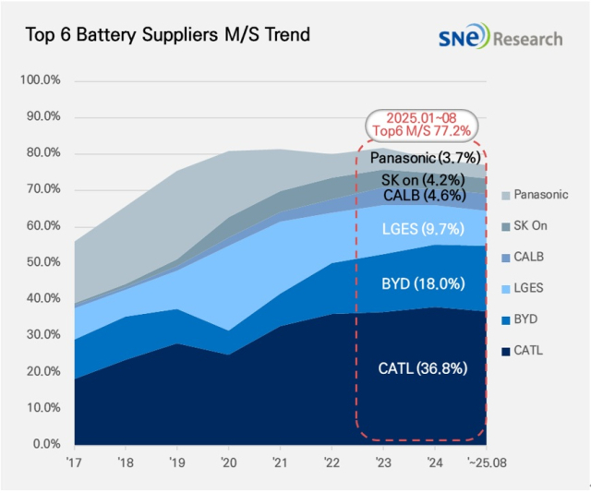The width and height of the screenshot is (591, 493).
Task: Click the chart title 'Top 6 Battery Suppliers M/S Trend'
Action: tap(167, 35)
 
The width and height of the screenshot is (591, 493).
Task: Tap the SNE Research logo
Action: tap(500, 39)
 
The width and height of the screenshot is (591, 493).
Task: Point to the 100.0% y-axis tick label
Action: tap(40, 80)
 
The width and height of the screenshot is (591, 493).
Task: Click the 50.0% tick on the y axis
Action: tap(42, 262)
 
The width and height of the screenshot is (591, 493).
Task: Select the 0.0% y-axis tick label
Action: tap(45, 444)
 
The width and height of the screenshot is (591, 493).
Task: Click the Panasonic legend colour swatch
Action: tap(505, 195)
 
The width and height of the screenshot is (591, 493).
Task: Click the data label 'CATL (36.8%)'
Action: tap(422, 368)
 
